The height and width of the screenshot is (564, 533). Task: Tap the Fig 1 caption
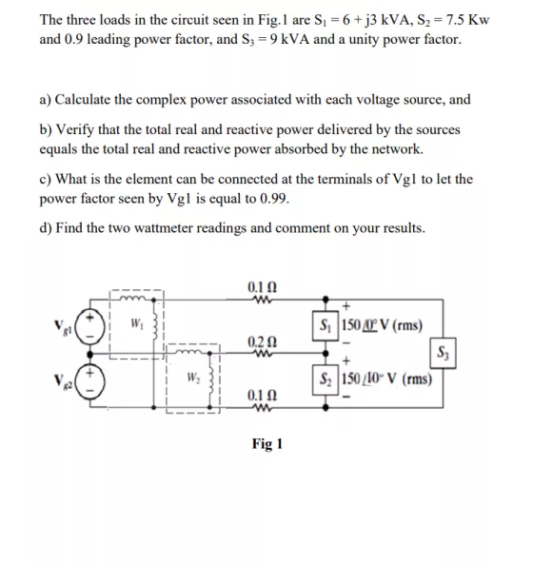(x=267, y=444)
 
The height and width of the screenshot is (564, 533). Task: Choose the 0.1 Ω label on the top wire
(x=259, y=286)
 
